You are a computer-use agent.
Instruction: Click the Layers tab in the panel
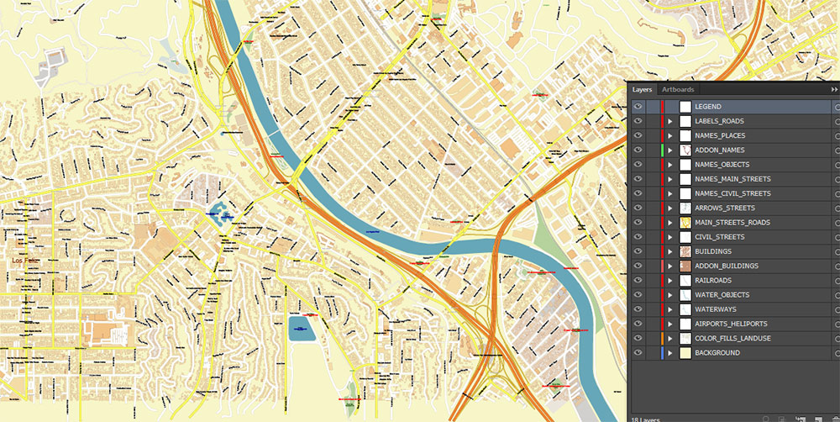click(643, 89)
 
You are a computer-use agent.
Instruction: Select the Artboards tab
click(678, 89)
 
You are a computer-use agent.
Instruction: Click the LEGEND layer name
click(707, 107)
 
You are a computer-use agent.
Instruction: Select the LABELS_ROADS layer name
click(719, 121)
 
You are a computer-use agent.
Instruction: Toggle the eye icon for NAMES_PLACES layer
click(638, 135)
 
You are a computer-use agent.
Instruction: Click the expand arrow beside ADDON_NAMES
click(670, 150)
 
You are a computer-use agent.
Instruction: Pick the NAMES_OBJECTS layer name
click(722, 165)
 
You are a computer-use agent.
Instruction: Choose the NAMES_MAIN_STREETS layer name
click(732, 179)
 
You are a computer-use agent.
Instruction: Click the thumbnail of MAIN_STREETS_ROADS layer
click(685, 223)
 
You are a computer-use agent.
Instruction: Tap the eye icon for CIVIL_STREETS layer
click(638, 237)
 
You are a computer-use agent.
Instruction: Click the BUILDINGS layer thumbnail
click(685, 251)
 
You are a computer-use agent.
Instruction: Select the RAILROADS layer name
click(713, 281)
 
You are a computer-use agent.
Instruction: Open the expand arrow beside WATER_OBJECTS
click(670, 295)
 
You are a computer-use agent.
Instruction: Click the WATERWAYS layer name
click(715, 309)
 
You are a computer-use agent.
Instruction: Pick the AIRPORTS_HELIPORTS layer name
click(731, 324)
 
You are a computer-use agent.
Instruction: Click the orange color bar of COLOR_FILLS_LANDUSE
click(663, 339)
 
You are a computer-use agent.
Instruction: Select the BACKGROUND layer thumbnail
click(685, 353)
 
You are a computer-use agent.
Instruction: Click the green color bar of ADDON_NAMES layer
click(663, 150)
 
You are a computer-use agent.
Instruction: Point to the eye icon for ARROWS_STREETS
click(638, 208)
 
